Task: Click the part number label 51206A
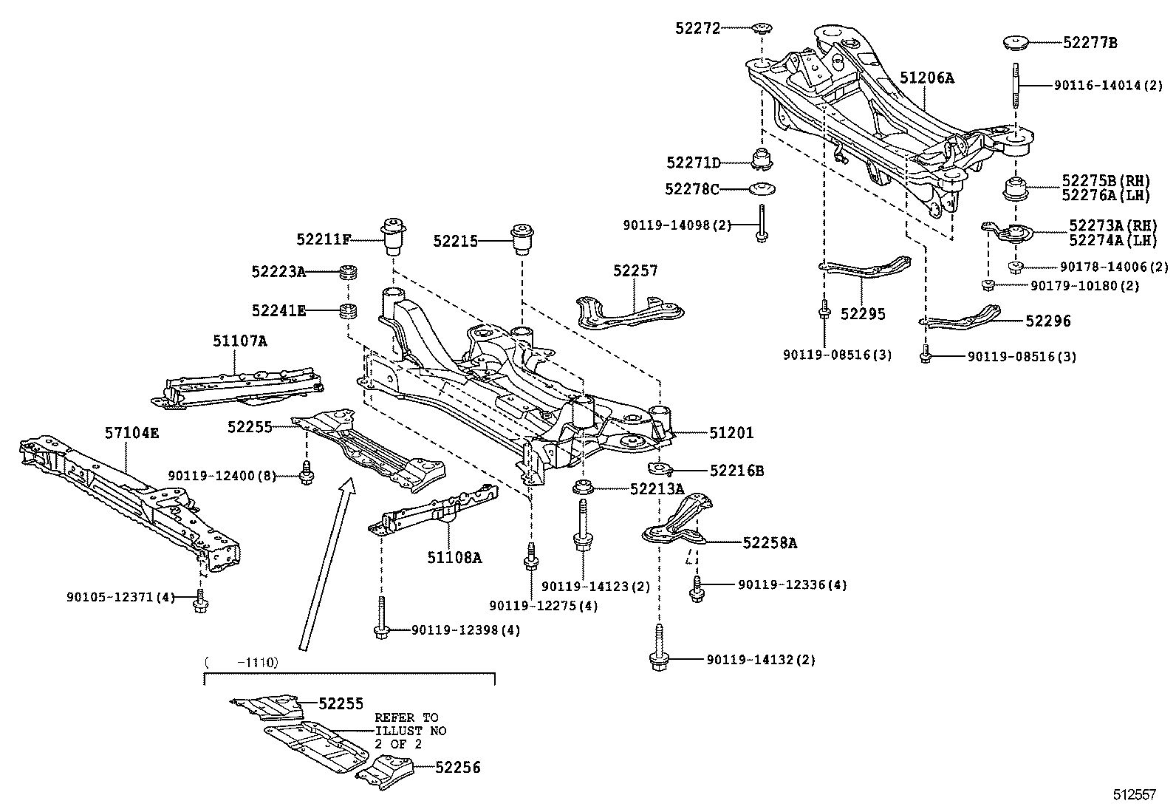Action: click(x=926, y=78)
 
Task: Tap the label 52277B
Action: click(x=1090, y=43)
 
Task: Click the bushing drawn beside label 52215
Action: click(x=523, y=238)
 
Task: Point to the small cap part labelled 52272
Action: click(x=762, y=29)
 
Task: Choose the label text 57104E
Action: click(x=131, y=433)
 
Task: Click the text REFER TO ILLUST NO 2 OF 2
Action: click(x=409, y=731)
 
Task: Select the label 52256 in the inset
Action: click(x=457, y=768)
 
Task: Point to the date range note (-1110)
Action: click(x=242, y=663)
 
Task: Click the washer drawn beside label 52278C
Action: click(x=762, y=189)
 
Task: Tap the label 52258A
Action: click(x=769, y=543)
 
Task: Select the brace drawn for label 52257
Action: click(x=628, y=312)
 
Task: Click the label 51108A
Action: click(x=454, y=558)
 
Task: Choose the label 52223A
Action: click(x=278, y=272)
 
